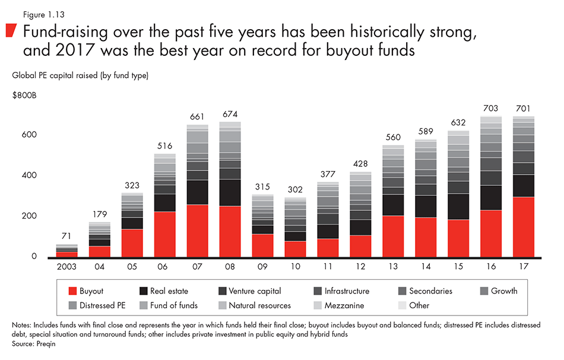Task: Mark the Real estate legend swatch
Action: [x=144, y=291]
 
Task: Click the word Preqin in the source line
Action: [x=41, y=343]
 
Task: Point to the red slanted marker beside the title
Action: [x=11, y=31]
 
